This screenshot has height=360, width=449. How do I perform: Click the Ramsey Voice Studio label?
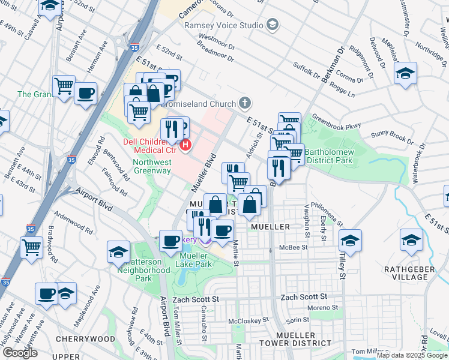224,25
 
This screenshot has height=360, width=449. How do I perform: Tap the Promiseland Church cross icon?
244,103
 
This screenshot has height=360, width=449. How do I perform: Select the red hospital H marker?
186,145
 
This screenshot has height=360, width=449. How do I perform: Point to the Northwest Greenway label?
152,166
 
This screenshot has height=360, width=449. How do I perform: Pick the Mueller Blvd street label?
202,172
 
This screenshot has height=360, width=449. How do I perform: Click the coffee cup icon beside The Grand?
85,94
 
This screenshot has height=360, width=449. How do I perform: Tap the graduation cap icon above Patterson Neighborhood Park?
118,252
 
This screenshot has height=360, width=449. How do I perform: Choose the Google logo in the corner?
19,353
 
